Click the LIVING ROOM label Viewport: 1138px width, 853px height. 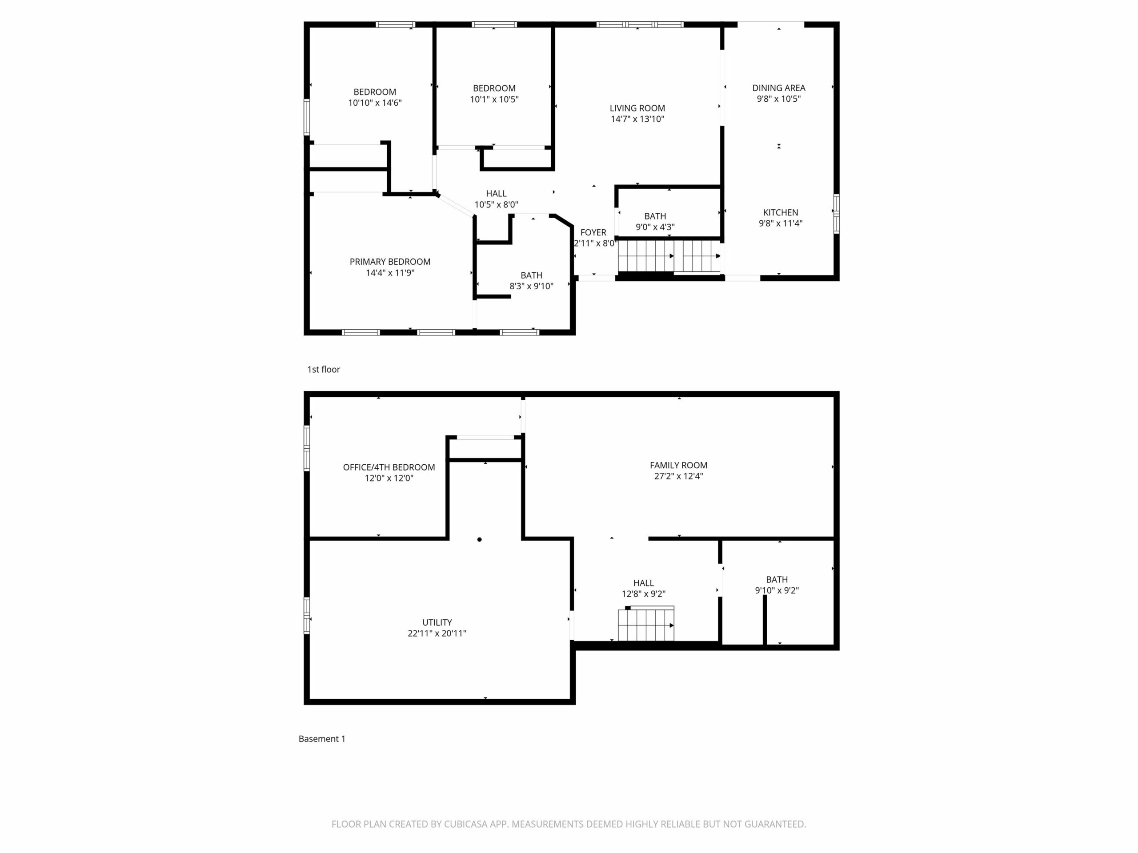point(637,108)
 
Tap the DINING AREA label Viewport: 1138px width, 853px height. point(778,88)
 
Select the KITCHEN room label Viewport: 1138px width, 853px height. point(781,212)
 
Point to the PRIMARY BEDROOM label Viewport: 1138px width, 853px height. point(390,262)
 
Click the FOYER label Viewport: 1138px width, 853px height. point(593,232)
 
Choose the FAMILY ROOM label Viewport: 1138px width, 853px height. point(679,465)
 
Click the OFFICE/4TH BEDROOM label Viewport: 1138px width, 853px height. point(389,467)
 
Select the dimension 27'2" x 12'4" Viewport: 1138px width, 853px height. point(679,476)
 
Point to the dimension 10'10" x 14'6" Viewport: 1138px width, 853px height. point(375,103)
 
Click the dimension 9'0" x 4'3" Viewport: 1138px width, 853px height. point(655,227)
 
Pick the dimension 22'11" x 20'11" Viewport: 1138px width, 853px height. point(437,634)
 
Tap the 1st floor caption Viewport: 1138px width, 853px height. point(324,369)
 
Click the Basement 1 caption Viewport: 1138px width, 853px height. point(322,739)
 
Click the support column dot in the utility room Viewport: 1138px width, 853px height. point(480,539)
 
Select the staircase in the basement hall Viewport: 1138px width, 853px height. point(646,624)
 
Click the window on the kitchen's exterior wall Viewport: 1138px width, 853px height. point(837,213)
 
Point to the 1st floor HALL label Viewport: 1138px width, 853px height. point(497,193)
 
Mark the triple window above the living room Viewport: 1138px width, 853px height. point(640,24)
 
